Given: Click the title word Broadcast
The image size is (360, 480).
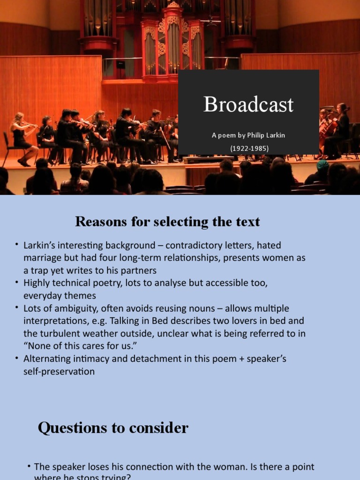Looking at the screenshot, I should [x=248, y=105].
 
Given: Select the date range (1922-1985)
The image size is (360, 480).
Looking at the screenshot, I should [x=248, y=148].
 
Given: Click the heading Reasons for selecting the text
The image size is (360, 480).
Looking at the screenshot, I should [x=167, y=221].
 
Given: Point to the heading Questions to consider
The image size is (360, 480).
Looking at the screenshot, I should [x=113, y=427].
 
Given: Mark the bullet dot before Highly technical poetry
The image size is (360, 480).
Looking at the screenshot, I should [x=17, y=283].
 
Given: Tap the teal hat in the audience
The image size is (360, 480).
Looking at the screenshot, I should [x=322, y=165].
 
